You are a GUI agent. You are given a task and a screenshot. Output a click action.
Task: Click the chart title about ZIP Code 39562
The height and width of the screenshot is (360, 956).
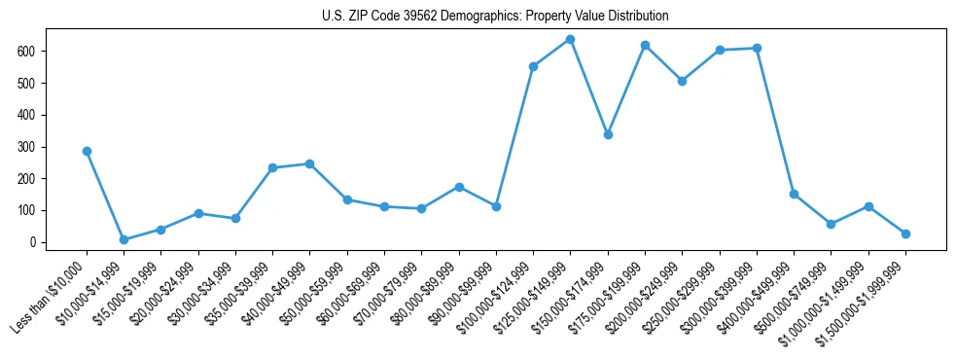tap(495, 17)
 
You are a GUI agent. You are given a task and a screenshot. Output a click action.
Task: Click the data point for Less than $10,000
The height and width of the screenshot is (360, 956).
tap(87, 151)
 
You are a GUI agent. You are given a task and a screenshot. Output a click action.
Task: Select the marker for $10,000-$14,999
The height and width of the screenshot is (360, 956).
tap(124, 239)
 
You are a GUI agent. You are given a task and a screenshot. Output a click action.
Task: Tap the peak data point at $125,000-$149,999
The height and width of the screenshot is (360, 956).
tap(570, 39)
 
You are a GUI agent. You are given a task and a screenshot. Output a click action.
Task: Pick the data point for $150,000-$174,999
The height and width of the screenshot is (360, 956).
tap(608, 134)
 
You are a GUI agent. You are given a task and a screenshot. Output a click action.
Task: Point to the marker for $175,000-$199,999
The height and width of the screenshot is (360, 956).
tap(645, 45)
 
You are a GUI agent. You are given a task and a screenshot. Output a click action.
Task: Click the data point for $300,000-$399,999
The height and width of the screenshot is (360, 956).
tap(757, 48)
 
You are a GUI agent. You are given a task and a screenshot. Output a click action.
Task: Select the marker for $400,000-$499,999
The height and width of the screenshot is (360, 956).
tap(794, 194)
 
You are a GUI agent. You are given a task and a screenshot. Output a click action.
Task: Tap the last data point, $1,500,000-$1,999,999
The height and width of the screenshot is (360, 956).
tap(905, 234)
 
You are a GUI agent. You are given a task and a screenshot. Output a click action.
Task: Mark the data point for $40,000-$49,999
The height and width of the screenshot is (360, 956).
tap(309, 163)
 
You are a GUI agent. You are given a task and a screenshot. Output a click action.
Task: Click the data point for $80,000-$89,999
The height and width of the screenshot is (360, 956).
tap(459, 187)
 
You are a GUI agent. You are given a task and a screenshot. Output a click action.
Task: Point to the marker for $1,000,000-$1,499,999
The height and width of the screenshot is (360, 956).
tap(868, 206)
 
